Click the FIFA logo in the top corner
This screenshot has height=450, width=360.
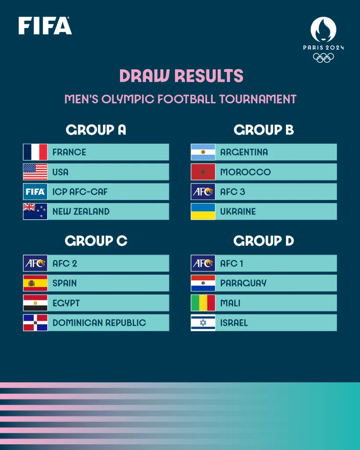(45, 25)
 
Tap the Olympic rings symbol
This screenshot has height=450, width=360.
(324, 58)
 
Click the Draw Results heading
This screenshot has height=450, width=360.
(181, 76)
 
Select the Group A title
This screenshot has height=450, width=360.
(96, 130)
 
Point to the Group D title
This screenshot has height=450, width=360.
(264, 241)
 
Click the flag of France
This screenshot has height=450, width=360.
(35, 152)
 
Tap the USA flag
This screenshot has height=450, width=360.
(35, 172)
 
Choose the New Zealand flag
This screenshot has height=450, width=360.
(35, 211)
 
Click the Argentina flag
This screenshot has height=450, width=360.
(203, 152)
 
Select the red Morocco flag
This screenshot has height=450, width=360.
(203, 172)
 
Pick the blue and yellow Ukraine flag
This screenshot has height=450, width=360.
(203, 211)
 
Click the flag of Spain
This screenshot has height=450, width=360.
(35, 283)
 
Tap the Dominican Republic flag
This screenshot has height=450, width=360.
(35, 323)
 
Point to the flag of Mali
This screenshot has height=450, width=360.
(203, 303)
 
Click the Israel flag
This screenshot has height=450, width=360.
(203, 323)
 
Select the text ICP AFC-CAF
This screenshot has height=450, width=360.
(80, 192)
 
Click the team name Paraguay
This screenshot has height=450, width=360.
(243, 283)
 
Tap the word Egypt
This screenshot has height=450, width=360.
(67, 303)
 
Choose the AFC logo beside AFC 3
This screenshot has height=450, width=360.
(203, 192)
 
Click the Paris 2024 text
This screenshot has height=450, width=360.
(324, 47)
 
